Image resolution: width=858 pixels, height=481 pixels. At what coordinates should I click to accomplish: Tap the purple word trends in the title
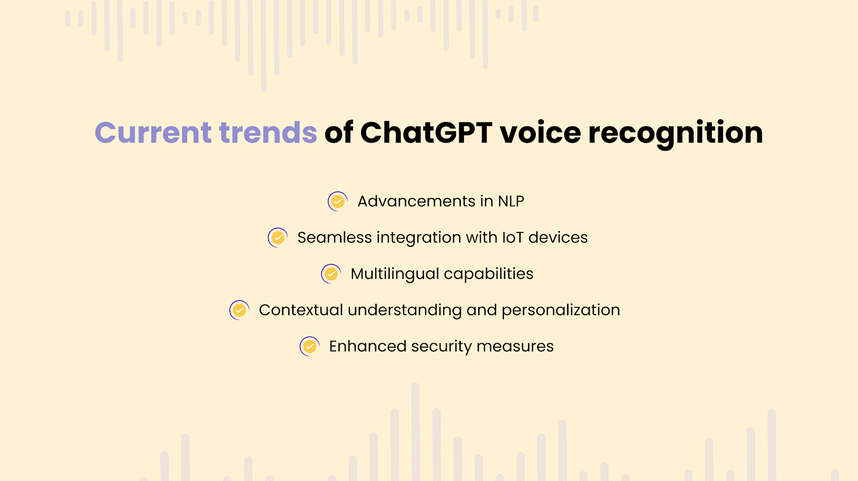coord(268,133)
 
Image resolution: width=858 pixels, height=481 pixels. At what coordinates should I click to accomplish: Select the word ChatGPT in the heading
coord(426,133)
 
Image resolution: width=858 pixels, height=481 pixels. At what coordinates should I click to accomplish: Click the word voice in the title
coord(540,133)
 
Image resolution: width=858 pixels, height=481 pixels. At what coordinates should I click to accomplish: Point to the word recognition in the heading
coord(675,134)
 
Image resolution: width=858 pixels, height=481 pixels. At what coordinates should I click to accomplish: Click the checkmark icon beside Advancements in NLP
coord(338,202)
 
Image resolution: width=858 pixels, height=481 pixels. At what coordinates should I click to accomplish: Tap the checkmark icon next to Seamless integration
coord(278,238)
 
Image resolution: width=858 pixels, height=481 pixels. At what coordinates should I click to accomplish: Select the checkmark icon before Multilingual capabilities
coord(331,274)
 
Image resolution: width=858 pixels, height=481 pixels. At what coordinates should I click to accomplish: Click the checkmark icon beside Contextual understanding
coord(239,310)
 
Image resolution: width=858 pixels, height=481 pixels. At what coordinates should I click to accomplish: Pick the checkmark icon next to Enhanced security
coord(309,346)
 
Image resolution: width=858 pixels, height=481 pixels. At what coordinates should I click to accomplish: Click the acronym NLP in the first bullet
coord(511,202)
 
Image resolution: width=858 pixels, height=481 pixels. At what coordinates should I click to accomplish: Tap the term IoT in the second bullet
coord(513,238)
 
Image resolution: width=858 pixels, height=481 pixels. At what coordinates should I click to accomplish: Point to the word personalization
coord(560,310)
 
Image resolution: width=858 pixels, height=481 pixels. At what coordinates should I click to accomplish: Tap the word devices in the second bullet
coord(558,238)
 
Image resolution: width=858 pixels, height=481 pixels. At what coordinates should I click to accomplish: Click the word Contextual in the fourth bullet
coord(301,310)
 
